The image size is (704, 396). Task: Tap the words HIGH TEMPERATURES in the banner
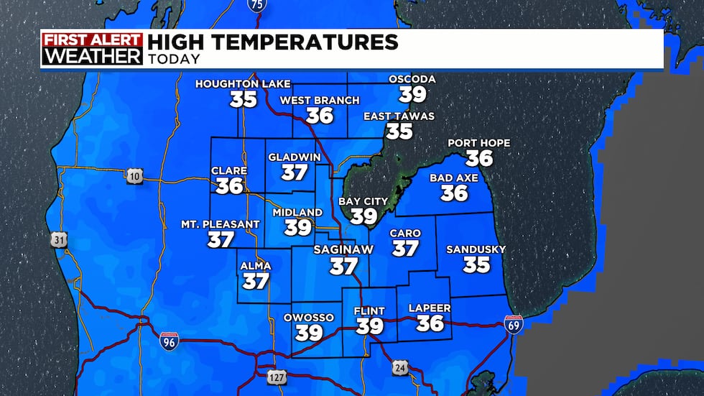click(x=272, y=42)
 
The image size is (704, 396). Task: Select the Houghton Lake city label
click(x=243, y=84)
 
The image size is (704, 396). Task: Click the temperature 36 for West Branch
click(x=320, y=115)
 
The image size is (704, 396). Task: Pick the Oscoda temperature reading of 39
click(x=413, y=94)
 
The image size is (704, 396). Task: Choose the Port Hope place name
click(x=478, y=142)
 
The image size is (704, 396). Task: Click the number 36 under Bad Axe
click(x=454, y=193)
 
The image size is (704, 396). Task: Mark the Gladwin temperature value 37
click(x=295, y=172)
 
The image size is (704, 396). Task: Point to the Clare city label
click(x=228, y=170)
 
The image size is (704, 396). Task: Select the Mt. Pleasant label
click(x=220, y=224)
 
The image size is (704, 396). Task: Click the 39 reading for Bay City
click(x=363, y=216)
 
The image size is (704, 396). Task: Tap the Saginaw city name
click(x=342, y=250)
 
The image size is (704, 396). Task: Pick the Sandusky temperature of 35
click(x=476, y=265)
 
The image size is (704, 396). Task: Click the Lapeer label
click(x=430, y=308)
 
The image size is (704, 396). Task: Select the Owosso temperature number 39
click(x=309, y=333)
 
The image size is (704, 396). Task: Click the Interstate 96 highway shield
click(x=166, y=343)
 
